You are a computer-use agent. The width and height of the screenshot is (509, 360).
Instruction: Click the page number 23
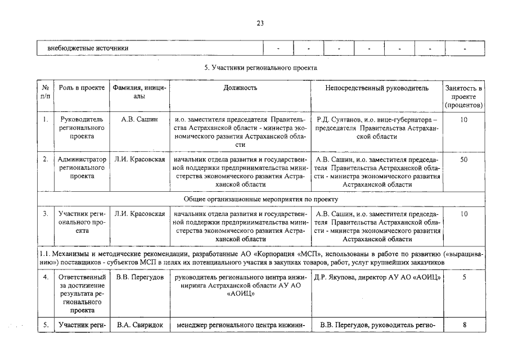tap(260, 24)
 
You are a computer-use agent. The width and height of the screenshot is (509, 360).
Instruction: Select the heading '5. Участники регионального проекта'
tap(260, 67)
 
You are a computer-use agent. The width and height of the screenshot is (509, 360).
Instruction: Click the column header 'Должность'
tap(240, 88)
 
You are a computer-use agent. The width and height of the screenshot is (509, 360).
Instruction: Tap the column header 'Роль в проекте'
tap(82, 88)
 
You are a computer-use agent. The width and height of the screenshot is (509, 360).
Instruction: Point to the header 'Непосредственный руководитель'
tap(376, 88)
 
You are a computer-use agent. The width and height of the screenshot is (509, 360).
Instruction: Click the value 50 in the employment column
tap(463, 160)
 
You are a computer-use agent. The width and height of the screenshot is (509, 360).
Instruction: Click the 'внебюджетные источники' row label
tap(88, 48)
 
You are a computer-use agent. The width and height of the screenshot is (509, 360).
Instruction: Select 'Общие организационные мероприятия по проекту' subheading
tap(260, 199)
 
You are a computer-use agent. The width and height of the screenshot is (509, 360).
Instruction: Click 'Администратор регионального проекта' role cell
tap(82, 168)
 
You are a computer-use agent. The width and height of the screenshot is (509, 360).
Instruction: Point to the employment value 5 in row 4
tap(463, 277)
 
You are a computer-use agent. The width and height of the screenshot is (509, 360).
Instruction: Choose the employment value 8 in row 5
tap(463, 325)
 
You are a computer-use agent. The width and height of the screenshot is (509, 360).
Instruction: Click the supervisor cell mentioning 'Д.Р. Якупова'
tap(376, 277)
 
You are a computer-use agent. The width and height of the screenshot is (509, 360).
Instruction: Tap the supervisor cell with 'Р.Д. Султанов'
tap(376, 128)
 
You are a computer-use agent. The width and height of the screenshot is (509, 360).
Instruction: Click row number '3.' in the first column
tap(45, 214)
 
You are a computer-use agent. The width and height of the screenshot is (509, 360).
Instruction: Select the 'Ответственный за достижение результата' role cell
tap(82, 293)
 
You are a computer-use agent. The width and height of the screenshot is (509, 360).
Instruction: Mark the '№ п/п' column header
tap(45, 92)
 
